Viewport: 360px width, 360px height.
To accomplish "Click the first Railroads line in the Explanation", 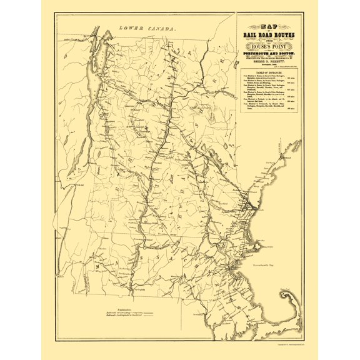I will [x=128, y=312].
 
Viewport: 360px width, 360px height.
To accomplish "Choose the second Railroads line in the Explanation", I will [x=128, y=317].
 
